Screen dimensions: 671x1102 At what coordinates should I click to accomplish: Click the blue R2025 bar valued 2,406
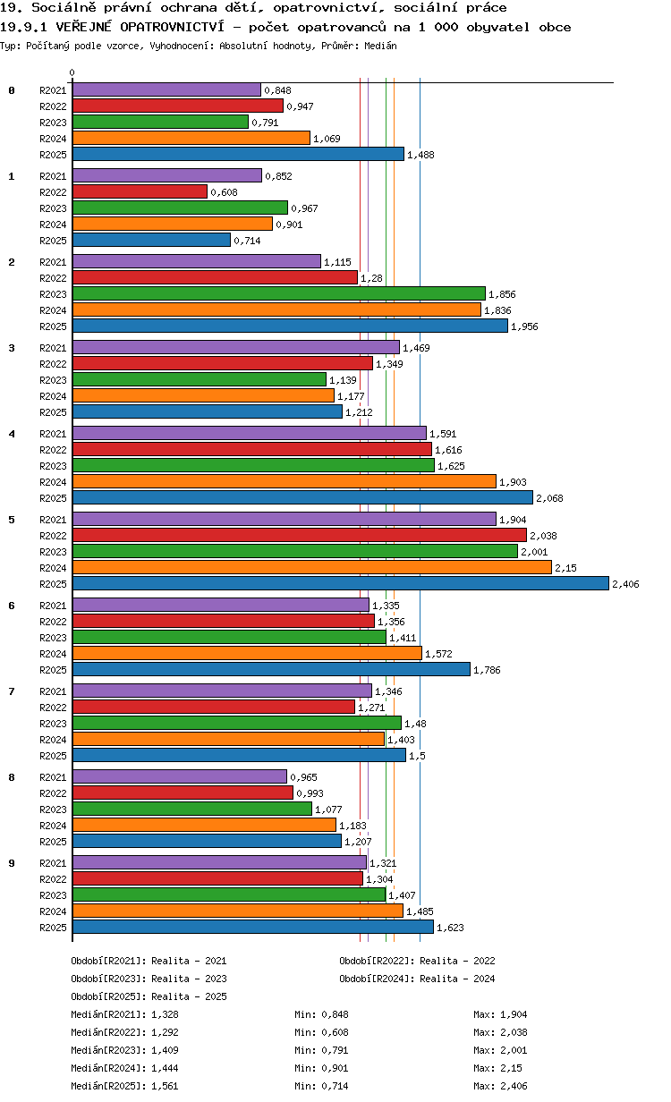341,583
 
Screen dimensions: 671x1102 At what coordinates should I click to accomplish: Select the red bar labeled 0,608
140,191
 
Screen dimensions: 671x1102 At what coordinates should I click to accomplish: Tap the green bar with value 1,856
279,293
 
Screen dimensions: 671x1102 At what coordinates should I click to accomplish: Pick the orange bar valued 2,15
312,567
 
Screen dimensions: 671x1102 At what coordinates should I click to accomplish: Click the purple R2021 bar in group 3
236,347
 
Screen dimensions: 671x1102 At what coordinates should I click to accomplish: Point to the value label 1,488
420,155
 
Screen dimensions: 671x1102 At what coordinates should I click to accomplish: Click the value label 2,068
549,498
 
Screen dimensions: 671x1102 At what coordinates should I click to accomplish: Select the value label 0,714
247,241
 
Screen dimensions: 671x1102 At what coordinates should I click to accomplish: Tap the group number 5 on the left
12,520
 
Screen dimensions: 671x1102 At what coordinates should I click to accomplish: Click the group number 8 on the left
12,777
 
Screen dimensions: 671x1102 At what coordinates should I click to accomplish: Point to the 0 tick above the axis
72,72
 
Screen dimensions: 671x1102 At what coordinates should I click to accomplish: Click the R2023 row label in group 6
53,638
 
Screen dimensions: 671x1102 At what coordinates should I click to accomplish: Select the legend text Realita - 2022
457,961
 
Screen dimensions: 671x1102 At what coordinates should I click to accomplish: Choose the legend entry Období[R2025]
109,996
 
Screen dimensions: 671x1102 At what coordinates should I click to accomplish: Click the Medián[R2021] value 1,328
165,1014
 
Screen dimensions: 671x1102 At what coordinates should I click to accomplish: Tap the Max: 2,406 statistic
500,1086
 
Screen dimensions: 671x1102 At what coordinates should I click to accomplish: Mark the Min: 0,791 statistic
321,1050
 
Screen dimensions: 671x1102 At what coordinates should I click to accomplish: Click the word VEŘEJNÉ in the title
83,27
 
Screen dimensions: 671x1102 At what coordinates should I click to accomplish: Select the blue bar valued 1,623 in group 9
253,927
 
